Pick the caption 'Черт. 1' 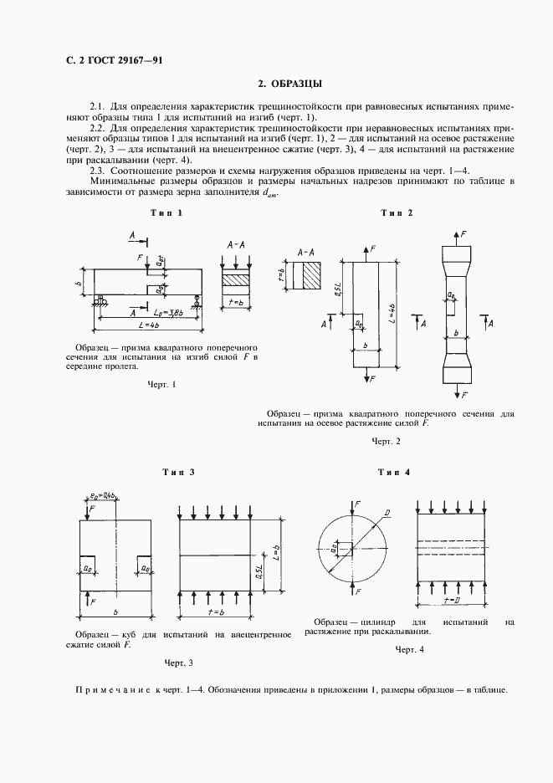tap(161, 385)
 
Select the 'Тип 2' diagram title tap(397, 213)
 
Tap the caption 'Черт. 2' tap(387, 441)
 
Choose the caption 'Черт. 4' tap(410, 650)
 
